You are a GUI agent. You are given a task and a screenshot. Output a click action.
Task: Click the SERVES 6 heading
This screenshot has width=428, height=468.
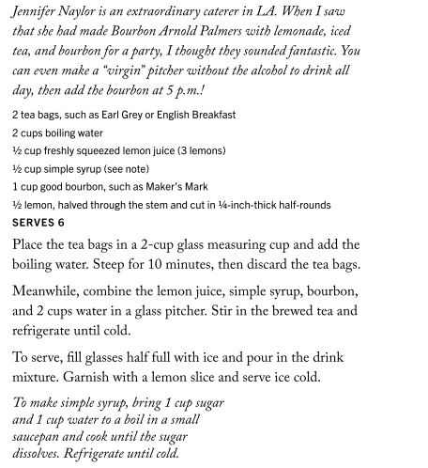[x=38, y=223]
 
